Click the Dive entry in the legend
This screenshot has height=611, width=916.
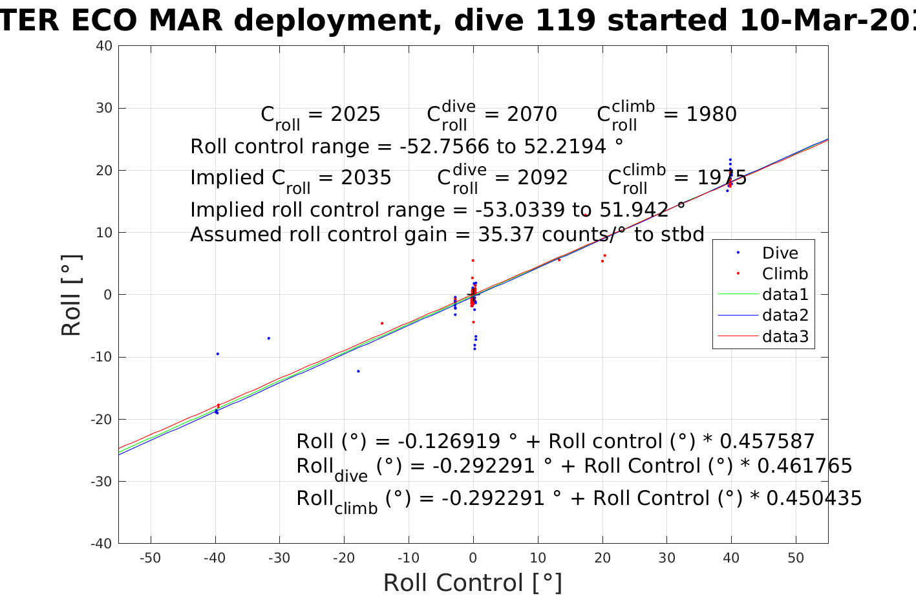(x=780, y=253)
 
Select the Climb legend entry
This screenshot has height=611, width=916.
(x=785, y=273)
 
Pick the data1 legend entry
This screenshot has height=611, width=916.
(x=785, y=294)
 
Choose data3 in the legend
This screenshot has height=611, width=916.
(x=785, y=336)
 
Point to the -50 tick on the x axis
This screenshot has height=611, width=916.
(x=150, y=558)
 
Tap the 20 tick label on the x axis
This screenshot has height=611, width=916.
(x=602, y=558)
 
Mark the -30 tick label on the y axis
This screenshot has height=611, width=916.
(x=101, y=482)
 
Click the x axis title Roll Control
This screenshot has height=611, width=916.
(x=473, y=583)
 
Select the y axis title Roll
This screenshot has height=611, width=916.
(x=71, y=295)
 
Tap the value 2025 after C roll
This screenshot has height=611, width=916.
(x=356, y=114)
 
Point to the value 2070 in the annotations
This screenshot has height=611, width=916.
(x=532, y=114)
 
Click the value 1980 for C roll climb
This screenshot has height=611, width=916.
(x=711, y=114)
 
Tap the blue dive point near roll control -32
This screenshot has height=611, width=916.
(x=269, y=338)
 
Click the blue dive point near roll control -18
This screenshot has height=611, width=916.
(x=358, y=371)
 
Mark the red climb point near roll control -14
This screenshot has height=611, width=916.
(x=382, y=323)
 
